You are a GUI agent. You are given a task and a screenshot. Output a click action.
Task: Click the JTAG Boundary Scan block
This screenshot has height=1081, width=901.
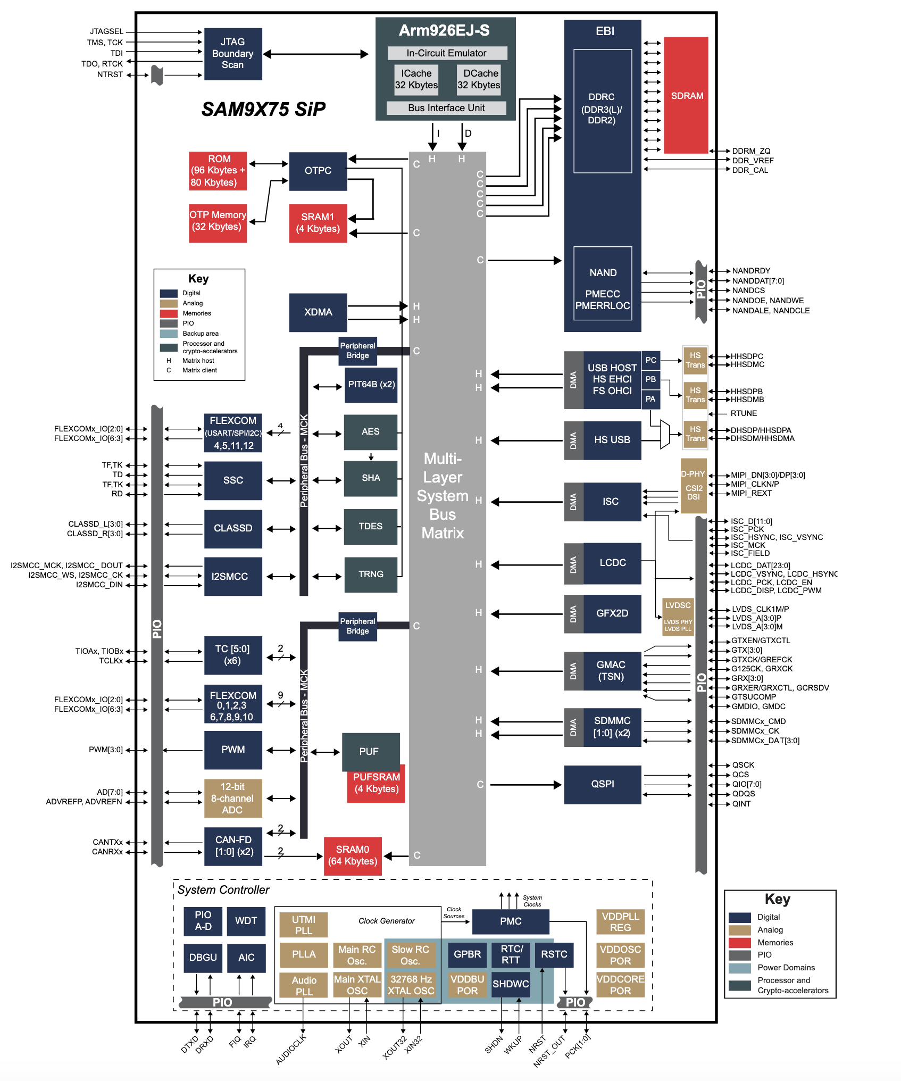pos(233,54)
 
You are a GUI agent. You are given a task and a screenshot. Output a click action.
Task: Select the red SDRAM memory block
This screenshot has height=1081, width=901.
pos(686,96)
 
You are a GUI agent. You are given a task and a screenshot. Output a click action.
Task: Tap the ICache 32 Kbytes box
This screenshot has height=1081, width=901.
pos(416,79)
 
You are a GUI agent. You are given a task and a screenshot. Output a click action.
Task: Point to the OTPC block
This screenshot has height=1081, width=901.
pos(318,171)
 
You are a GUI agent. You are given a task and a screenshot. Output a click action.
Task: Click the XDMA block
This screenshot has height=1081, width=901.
pos(318,312)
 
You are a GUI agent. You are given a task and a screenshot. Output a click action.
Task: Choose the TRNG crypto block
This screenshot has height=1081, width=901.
pos(371,575)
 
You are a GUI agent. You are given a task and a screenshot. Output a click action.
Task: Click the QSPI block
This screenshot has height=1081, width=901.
pos(602,784)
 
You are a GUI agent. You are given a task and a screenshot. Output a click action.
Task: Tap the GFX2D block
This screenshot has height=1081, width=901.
pos(612,613)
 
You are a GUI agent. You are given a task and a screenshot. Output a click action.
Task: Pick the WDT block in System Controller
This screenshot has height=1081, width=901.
pos(246,921)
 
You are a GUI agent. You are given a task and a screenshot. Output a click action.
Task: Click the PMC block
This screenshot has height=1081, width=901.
pos(510,921)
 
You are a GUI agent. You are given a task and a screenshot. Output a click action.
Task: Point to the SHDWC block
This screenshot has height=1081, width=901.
pos(510,984)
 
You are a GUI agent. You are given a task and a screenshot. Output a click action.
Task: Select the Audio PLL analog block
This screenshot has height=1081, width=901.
pos(304,986)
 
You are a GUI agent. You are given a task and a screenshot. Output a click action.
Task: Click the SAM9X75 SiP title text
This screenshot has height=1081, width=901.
pos(263,110)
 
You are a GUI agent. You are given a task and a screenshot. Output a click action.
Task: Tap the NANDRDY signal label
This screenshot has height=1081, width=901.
pos(751,271)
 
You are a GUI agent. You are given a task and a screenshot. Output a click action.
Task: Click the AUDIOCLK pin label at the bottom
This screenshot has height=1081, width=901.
pos(291,1050)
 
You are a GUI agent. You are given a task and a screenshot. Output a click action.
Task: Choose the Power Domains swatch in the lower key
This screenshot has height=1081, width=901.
pos(739,968)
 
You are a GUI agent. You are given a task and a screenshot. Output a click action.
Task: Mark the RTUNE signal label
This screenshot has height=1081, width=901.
pos(744,413)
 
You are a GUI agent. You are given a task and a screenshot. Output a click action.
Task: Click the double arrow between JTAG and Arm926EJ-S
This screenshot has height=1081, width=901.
pos(315,54)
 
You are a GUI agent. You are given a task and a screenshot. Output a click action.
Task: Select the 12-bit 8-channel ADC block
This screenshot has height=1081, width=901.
pos(233,798)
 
